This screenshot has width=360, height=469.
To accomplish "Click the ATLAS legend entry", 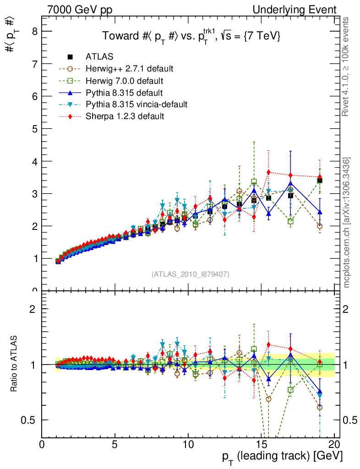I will pyautogui.click(x=99, y=57).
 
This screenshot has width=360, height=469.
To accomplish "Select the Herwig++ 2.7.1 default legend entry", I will pyautogui.click(x=129, y=69).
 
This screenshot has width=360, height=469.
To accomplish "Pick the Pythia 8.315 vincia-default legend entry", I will pyautogui.click(x=136, y=104).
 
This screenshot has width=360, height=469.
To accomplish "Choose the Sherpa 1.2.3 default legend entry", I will pyautogui.click(x=125, y=116).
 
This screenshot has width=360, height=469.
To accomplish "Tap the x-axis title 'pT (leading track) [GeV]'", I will pyautogui.click(x=282, y=457).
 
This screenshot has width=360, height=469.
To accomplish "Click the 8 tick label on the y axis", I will pyautogui.click(x=33, y=32).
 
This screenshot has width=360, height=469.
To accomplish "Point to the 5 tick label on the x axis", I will pyautogui.click(x=115, y=444).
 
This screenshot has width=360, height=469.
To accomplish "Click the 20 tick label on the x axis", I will pyautogui.click(x=334, y=444).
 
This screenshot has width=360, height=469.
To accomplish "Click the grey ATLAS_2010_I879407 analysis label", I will pyautogui.click(x=191, y=274).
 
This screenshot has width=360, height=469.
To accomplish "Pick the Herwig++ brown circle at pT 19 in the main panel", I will pyautogui.click(x=320, y=226).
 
